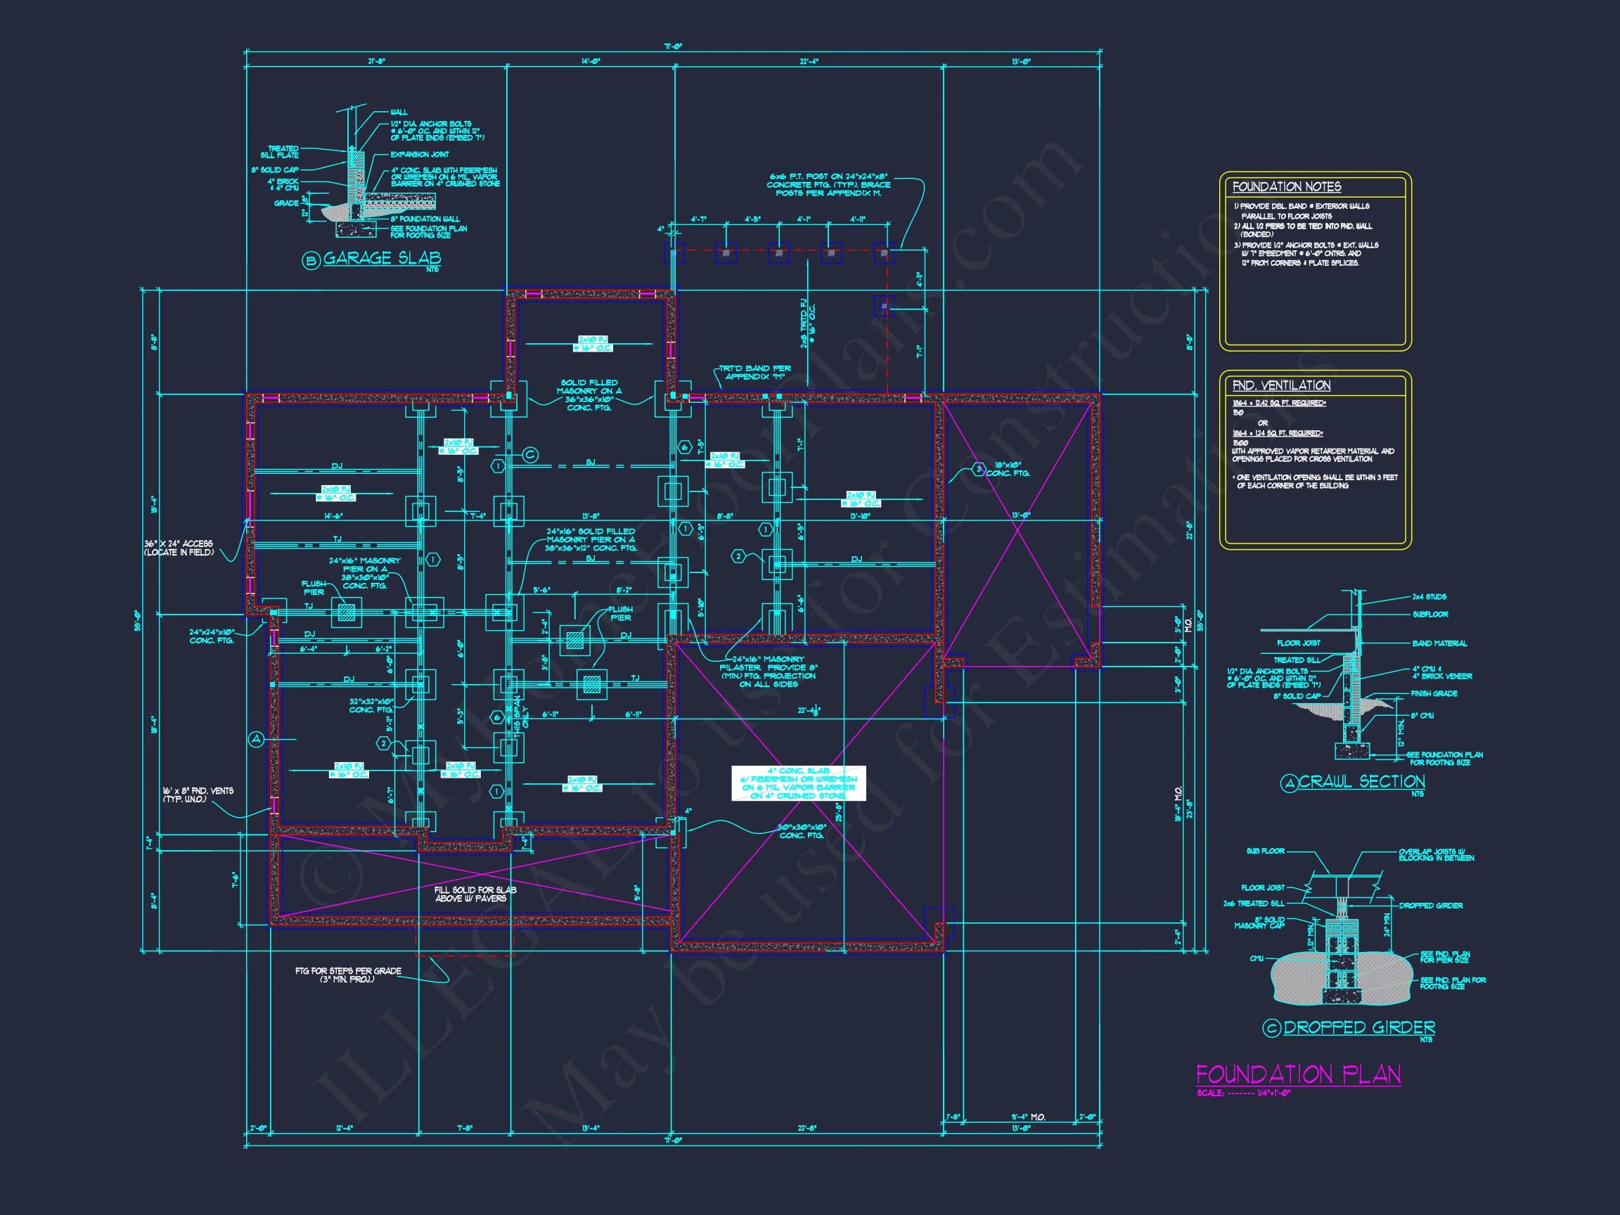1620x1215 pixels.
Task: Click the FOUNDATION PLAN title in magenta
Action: tap(1298, 1074)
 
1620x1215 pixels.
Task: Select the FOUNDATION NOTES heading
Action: tap(1287, 188)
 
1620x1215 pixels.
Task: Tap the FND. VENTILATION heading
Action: tap(1281, 385)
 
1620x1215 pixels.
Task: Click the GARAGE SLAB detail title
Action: tap(382, 258)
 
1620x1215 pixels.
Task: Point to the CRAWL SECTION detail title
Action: tap(1361, 781)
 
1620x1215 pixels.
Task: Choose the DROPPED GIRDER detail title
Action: tap(1358, 1027)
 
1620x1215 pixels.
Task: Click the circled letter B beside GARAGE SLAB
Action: tap(311, 259)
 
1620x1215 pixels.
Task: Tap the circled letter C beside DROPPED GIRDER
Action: tap(1271, 1028)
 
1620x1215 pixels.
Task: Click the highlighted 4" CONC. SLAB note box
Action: tap(798, 783)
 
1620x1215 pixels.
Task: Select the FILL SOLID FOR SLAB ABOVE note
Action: tap(475, 894)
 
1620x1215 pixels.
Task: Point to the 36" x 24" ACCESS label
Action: tap(179, 548)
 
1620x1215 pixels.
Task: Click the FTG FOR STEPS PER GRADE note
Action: tap(348, 975)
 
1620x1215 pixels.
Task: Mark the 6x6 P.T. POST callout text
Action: tap(828, 184)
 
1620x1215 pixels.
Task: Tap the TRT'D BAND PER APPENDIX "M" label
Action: tap(754, 372)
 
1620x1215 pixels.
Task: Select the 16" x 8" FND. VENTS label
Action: tap(198, 795)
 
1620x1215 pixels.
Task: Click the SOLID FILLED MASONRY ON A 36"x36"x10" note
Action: tap(589, 394)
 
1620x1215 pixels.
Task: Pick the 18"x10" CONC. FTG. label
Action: tap(1008, 469)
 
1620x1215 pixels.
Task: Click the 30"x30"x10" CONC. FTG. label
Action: tap(802, 830)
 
